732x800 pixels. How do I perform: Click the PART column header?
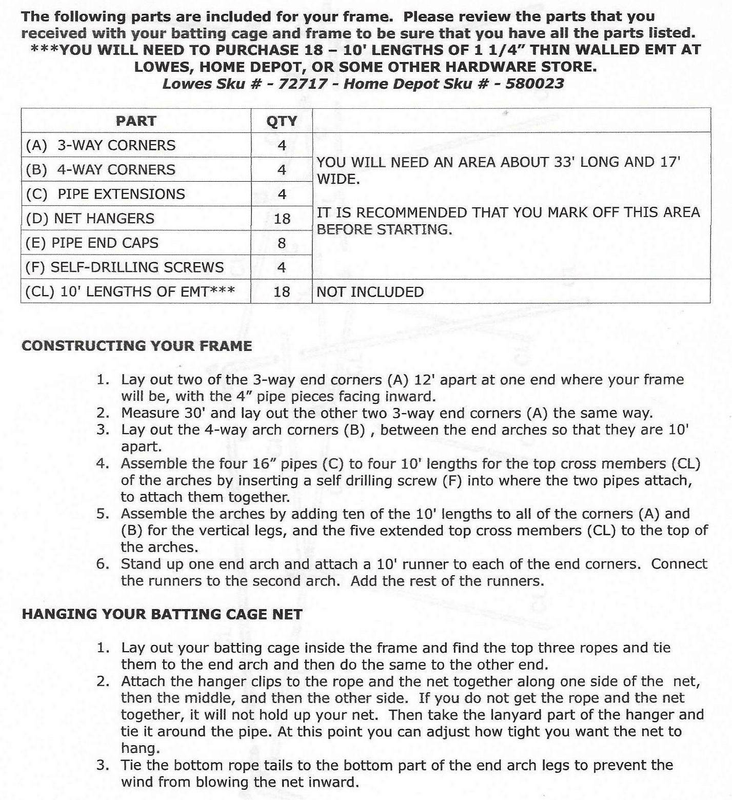pos(135,121)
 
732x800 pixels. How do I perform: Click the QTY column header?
pos(282,121)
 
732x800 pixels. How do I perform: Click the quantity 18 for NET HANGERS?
pos(282,219)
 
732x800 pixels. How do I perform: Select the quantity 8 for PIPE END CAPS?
pos(282,243)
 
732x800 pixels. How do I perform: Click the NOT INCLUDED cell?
pos(370,292)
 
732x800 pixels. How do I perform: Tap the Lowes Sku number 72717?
pos(302,84)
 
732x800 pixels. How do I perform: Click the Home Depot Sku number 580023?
pos(535,84)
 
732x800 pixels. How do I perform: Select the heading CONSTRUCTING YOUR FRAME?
pos(136,346)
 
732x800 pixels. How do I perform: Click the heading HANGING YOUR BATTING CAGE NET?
pos(162,614)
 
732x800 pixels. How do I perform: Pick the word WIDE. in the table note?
pos(338,179)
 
